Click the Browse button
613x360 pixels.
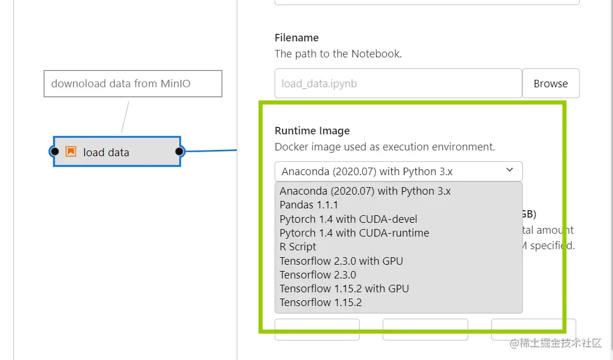click(x=550, y=84)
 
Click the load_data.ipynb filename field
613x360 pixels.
click(x=398, y=84)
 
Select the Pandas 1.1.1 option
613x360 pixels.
click(x=309, y=205)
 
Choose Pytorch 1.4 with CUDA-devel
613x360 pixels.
click(x=348, y=219)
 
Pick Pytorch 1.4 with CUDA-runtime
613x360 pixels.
click(x=354, y=233)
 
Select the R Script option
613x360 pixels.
click(x=298, y=247)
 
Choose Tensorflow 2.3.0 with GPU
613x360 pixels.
click(x=341, y=261)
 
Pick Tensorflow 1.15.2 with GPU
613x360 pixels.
click(x=344, y=288)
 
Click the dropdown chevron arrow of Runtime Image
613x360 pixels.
click(x=510, y=171)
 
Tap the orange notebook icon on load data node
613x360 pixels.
click(x=71, y=152)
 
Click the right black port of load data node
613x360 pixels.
click(x=179, y=152)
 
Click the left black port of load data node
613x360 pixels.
click(x=55, y=152)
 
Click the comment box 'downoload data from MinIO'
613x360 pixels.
click(x=133, y=84)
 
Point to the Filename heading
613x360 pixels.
click(x=296, y=38)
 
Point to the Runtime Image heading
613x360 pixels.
click(x=312, y=131)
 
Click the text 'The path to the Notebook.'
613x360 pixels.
click(x=338, y=54)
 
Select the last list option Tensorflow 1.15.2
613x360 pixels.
click(x=321, y=302)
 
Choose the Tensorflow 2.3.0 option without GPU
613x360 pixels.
click(x=318, y=274)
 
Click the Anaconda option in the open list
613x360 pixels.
click(x=365, y=191)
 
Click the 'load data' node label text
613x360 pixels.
click(x=106, y=153)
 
